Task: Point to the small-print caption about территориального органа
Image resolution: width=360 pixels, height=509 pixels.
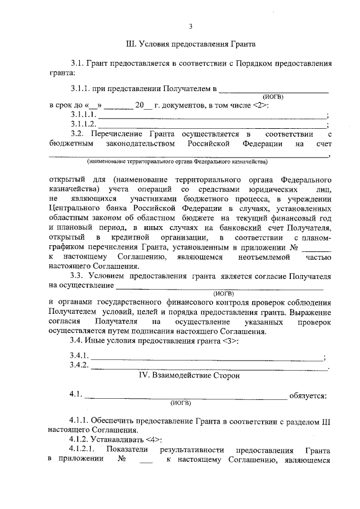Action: (177, 161)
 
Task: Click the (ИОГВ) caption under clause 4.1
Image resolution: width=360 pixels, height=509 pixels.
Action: (181, 403)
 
